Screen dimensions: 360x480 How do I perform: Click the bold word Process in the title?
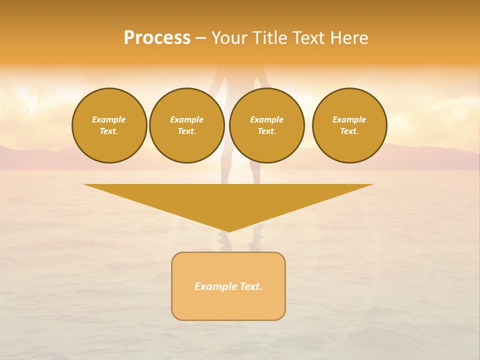pyautogui.click(x=157, y=38)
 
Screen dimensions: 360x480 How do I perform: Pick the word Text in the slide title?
pyautogui.click(x=309, y=38)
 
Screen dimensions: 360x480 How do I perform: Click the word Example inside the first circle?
pyautogui.click(x=109, y=119)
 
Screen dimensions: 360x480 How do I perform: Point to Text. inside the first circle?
pyautogui.click(x=109, y=131)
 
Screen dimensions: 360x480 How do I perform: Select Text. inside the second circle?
pyautogui.click(x=187, y=131)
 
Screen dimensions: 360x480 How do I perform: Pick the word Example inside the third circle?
pyautogui.click(x=267, y=119)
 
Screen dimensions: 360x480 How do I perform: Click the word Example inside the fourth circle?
pyautogui.click(x=349, y=119)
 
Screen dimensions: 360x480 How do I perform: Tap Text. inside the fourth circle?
pyautogui.click(x=349, y=131)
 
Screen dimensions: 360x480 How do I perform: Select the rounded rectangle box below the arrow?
pyautogui.click(x=228, y=305)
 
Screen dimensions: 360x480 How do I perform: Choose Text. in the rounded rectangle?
pyautogui.click(x=251, y=286)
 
